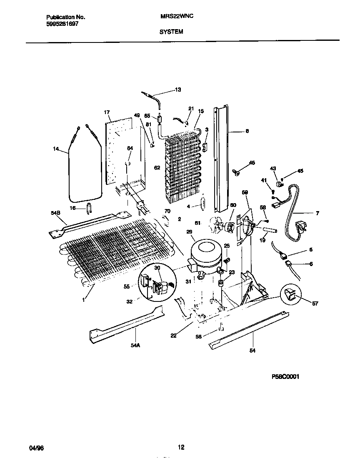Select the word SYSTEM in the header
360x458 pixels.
(171, 31)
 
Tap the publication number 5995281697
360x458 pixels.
(62, 24)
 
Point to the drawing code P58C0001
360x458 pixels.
(286, 376)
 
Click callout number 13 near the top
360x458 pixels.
(178, 90)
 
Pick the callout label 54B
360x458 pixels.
(55, 213)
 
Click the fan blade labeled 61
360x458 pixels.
(215, 225)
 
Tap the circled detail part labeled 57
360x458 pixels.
(291, 295)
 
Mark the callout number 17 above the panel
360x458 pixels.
(107, 112)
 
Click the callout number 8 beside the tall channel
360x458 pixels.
(247, 131)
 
